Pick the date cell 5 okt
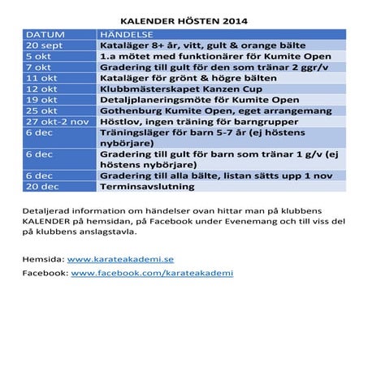pos(38,57)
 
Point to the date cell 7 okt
pos(38,67)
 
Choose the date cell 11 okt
pos(41,78)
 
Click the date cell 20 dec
pos(41,186)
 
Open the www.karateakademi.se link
pos(120,259)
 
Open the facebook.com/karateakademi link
pos(152,274)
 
